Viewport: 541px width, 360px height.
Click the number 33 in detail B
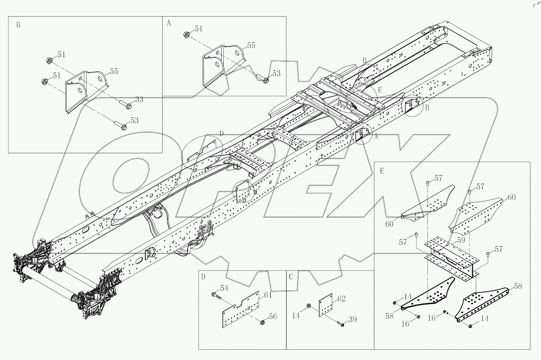pos(139,99)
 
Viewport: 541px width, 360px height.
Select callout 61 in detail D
pos(268,295)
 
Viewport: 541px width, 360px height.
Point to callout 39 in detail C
pos(352,319)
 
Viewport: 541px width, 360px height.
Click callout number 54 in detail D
pos(224,288)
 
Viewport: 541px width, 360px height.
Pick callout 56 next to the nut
pos(273,316)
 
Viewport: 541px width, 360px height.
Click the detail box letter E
pos(382,171)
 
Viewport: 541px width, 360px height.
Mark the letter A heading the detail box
pos(169,23)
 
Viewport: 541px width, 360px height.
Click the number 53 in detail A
pos(277,73)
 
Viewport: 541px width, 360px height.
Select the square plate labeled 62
pos(325,305)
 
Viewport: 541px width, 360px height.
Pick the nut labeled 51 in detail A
pos(186,35)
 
